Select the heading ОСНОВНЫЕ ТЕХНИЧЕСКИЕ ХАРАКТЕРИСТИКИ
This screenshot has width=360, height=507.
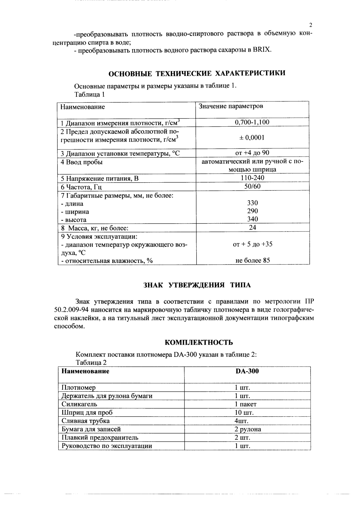[x=197, y=73]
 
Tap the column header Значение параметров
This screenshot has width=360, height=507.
[x=231, y=106]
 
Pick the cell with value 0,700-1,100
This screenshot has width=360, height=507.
[x=252, y=122]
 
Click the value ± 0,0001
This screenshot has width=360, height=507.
[x=252, y=137]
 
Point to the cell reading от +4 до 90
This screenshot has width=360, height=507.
[x=252, y=153]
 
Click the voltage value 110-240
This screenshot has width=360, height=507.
[x=252, y=178]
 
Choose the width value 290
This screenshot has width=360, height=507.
[x=252, y=211]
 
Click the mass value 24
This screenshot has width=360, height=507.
[x=252, y=228]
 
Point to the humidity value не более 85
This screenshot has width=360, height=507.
[x=252, y=260]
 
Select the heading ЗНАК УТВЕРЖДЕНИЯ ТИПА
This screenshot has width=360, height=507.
[x=197, y=285]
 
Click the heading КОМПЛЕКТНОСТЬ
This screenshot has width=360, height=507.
[x=199, y=343]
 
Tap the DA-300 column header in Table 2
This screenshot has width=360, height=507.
[x=247, y=371]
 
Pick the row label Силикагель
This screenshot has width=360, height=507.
[x=79, y=404]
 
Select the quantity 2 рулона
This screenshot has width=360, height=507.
[x=248, y=429]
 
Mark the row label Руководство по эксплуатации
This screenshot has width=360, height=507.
[x=107, y=446]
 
